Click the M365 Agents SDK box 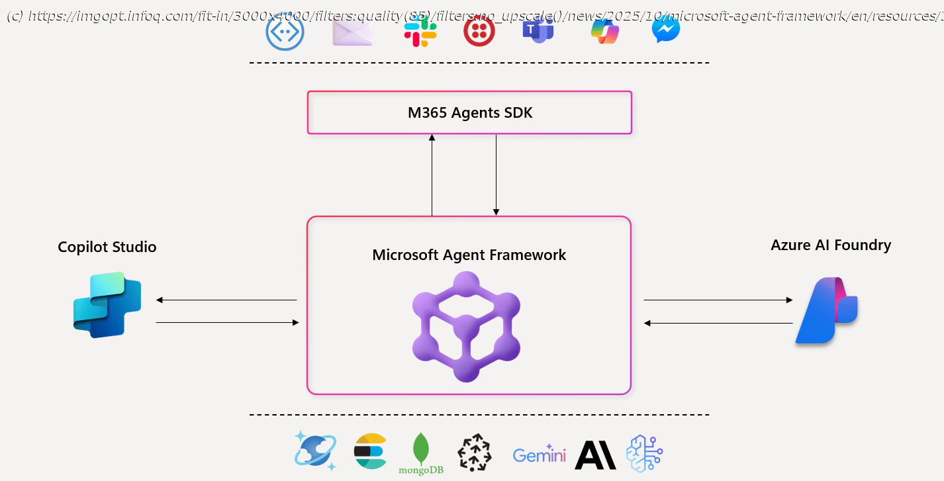469,112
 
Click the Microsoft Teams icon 538,30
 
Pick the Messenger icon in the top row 665,30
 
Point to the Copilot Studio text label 107,247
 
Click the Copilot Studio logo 107,304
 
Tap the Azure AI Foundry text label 831,245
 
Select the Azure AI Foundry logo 826,310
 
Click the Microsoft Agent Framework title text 469,255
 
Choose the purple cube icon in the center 466,327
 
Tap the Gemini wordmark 540,455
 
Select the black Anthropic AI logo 595,455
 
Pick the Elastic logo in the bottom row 370,452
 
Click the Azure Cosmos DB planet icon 316,451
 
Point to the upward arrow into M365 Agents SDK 432,175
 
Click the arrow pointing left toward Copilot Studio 226,300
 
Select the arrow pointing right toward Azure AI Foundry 718,300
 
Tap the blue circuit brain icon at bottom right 645,453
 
